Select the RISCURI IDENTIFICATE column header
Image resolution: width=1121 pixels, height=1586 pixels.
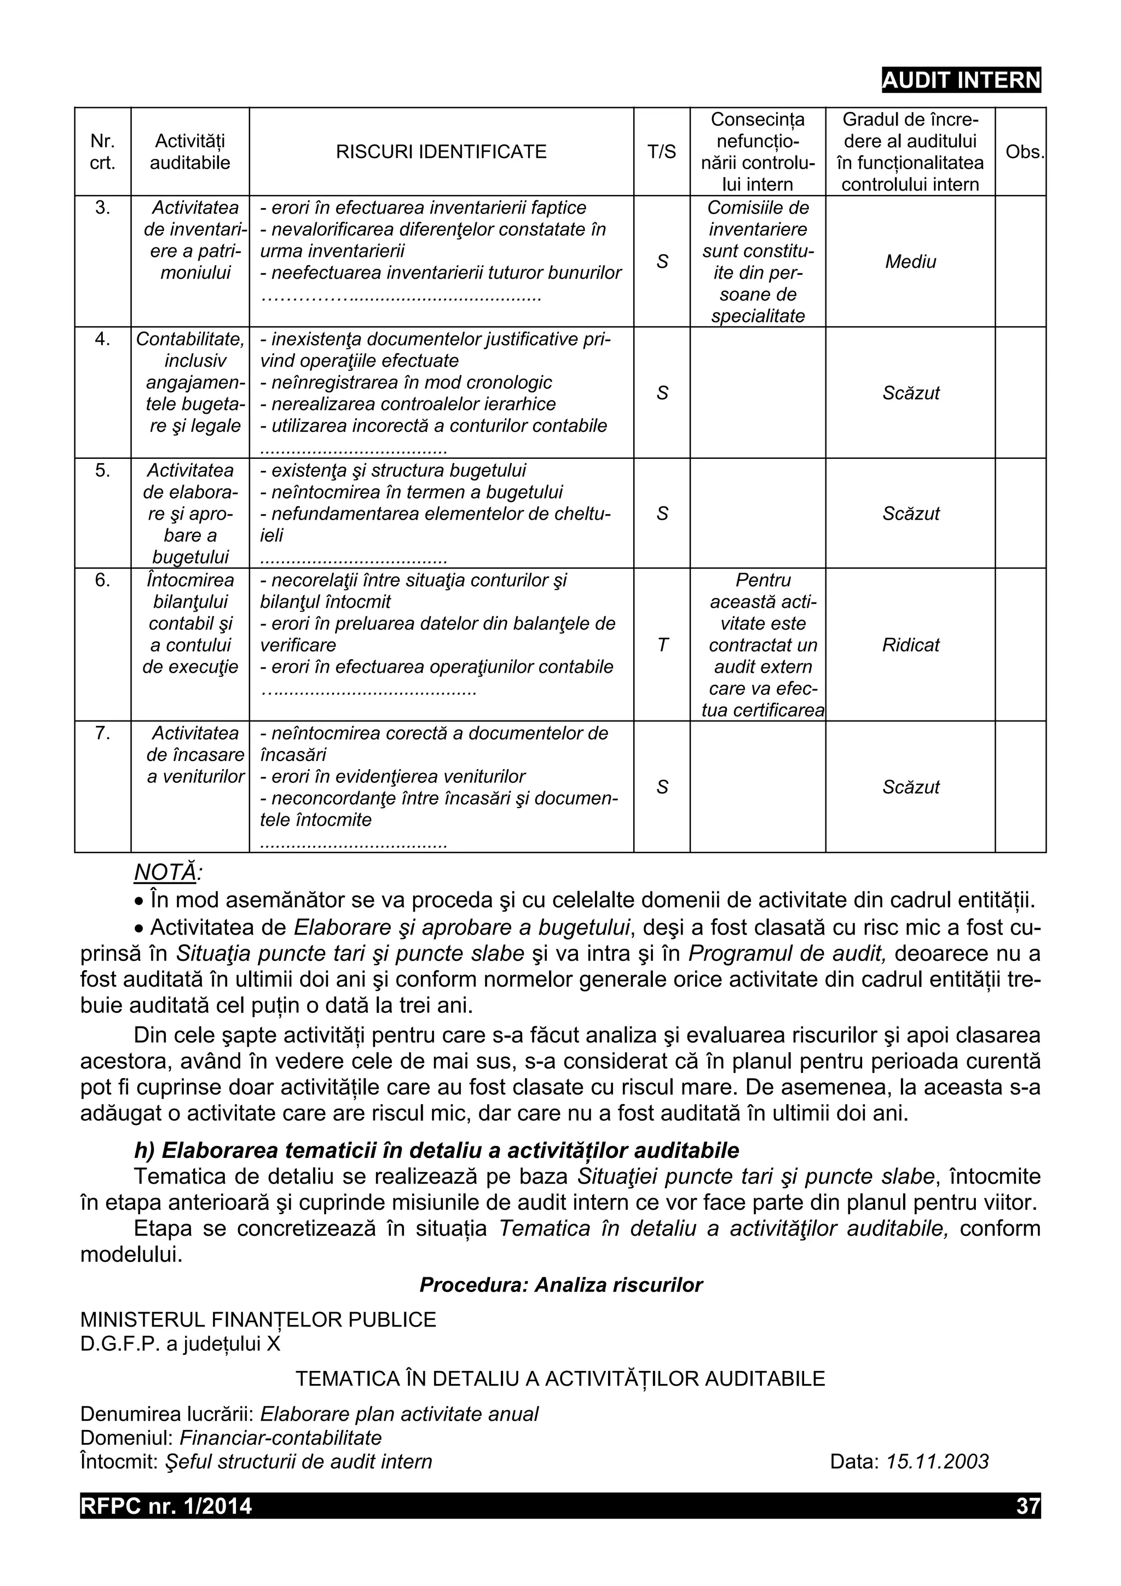click(441, 152)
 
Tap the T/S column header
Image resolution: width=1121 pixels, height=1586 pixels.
click(661, 152)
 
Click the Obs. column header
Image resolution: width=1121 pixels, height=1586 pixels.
click(1024, 152)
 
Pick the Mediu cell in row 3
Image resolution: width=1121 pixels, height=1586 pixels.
click(910, 262)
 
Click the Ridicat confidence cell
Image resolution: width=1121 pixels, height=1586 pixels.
click(910, 645)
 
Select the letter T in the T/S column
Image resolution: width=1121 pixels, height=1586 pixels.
click(662, 645)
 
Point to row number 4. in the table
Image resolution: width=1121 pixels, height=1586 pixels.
click(102, 339)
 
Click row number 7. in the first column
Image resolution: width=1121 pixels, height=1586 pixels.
click(102, 733)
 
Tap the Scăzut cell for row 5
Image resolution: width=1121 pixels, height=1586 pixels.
click(910, 514)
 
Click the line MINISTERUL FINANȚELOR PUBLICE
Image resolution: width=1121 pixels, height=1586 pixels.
click(258, 1320)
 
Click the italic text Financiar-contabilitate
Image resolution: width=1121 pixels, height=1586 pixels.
click(280, 1438)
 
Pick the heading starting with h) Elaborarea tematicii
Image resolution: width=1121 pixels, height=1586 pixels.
click(436, 1150)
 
